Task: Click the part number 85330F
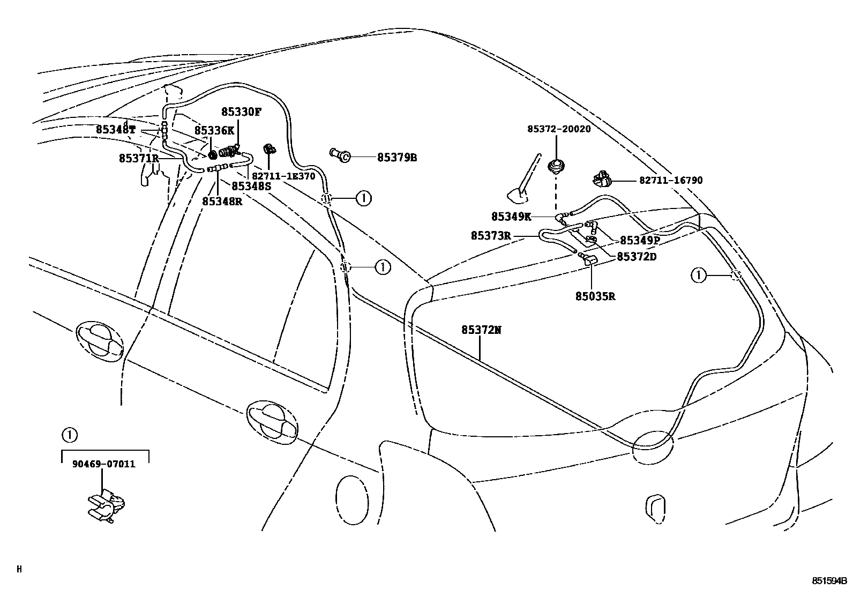point(242,112)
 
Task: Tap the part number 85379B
point(397,158)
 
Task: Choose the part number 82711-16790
point(670,181)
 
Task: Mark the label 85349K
point(511,217)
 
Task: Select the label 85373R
point(491,236)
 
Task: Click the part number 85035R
point(595,296)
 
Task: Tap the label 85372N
point(482,330)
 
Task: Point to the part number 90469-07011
point(103,464)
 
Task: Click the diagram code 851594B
point(829,580)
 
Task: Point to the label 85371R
point(139,158)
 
